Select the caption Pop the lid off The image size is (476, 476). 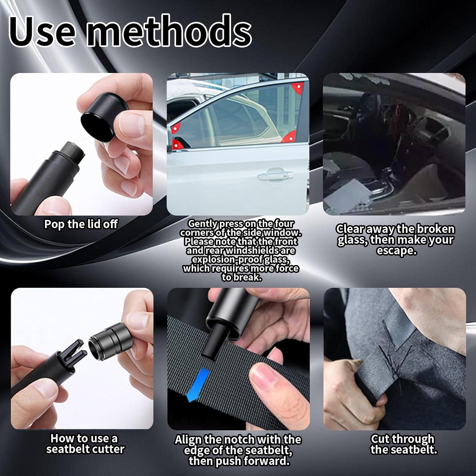pyautogui.click(x=81, y=224)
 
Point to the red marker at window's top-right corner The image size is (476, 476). pyautogui.click(x=298, y=87)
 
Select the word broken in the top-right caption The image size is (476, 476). pyautogui.click(x=435, y=229)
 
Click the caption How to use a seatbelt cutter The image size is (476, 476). pyautogui.click(x=85, y=444)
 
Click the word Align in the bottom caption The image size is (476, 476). pyautogui.click(x=188, y=440)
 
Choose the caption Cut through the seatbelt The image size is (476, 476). pyautogui.click(x=403, y=444)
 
